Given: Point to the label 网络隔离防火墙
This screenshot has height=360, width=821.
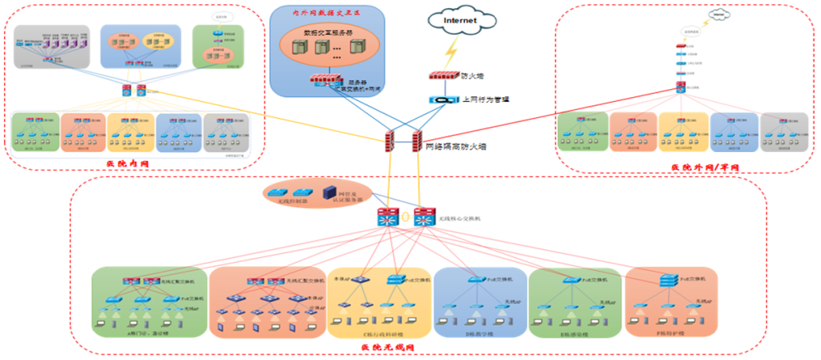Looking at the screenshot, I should pyautogui.click(x=456, y=147).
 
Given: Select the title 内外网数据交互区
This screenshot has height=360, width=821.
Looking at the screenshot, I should pyautogui.click(x=326, y=14).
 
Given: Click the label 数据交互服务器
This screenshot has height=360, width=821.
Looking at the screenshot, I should pyautogui.click(x=328, y=33).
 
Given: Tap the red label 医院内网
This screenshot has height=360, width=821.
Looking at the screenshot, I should pyautogui.click(x=127, y=164).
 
